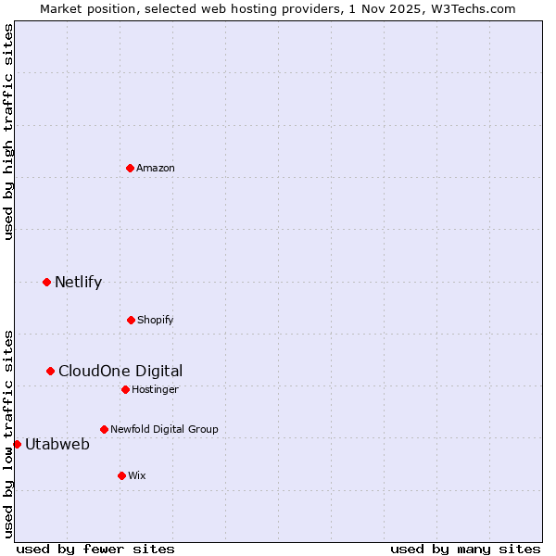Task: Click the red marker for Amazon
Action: (131, 168)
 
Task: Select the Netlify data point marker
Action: (47, 282)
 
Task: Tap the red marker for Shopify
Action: (131, 320)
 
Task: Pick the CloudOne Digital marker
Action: (51, 371)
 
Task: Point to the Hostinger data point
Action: (125, 389)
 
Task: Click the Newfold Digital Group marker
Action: (104, 429)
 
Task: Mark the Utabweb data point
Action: (17, 444)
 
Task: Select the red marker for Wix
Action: (121, 475)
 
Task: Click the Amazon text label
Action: (156, 168)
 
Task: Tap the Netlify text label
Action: (78, 282)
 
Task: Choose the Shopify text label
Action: (156, 320)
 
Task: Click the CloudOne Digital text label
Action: (120, 371)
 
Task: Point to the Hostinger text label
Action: (155, 389)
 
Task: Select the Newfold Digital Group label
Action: (164, 429)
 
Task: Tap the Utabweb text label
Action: (57, 444)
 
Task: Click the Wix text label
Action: (137, 475)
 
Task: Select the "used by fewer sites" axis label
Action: (95, 549)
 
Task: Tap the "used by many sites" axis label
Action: (465, 549)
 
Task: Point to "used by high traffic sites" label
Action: (8, 133)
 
